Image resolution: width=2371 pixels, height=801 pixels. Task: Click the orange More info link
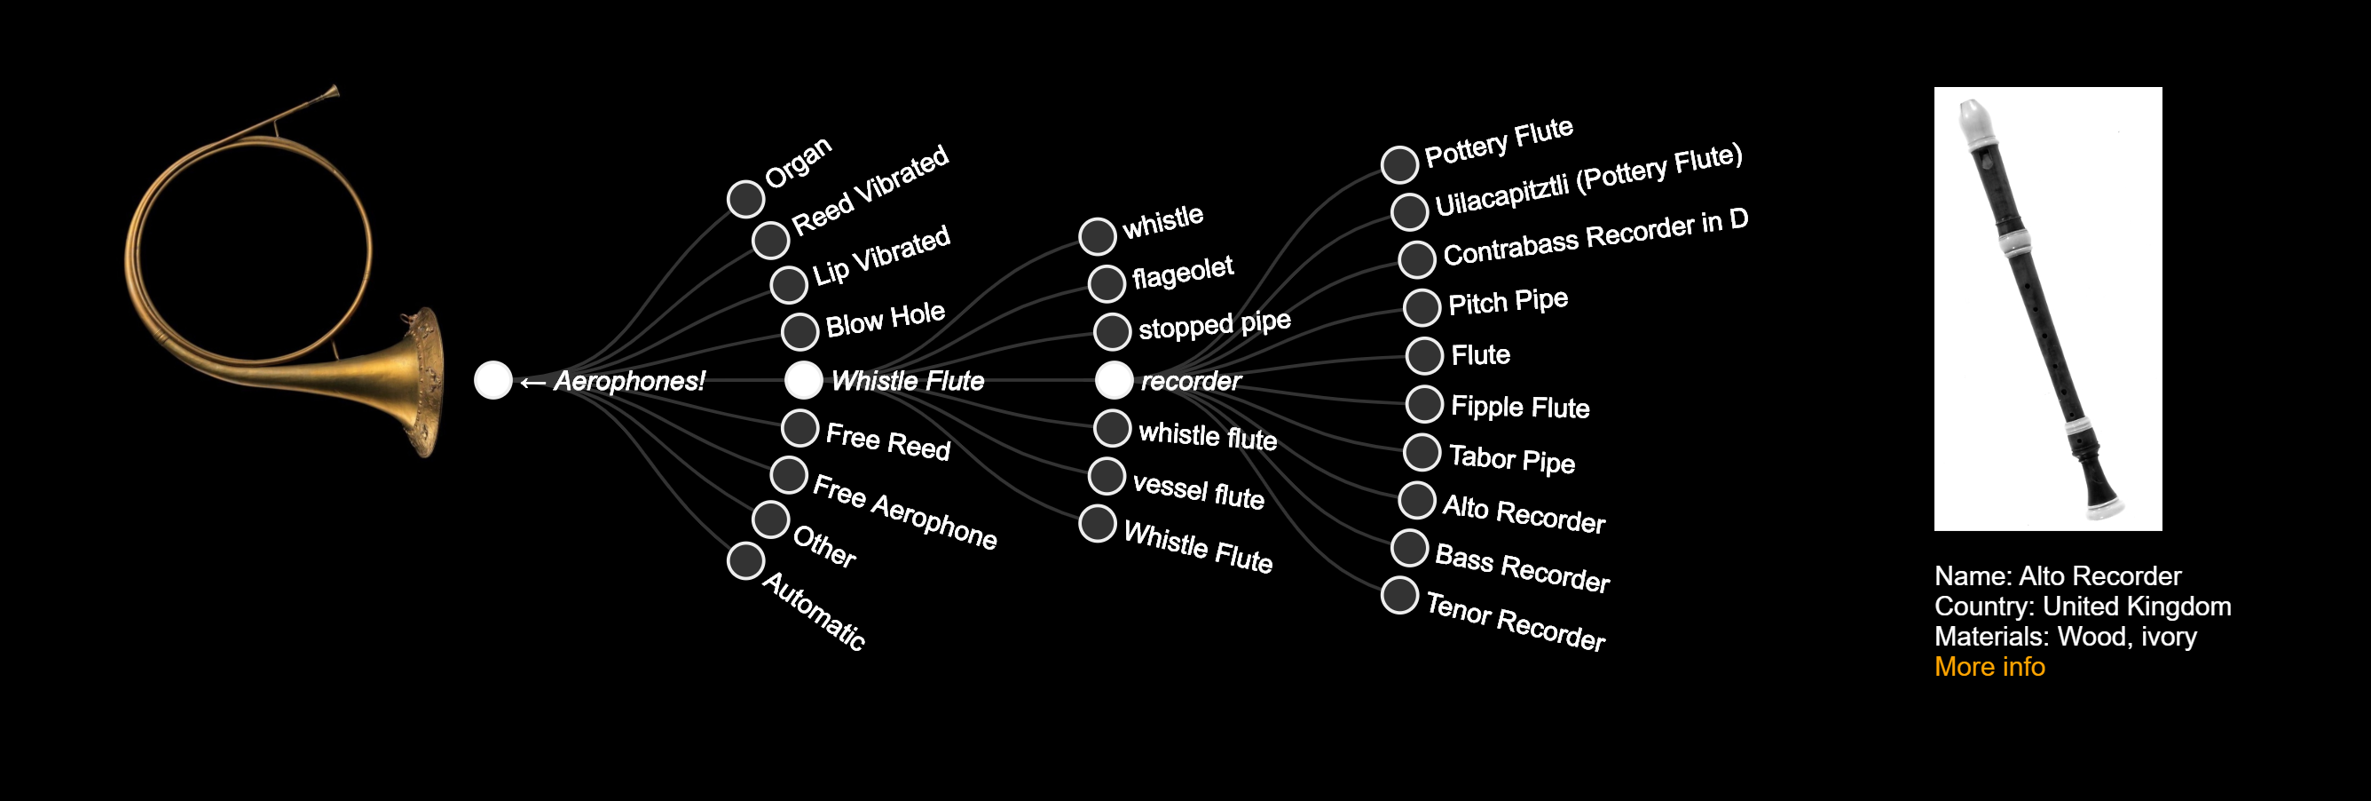tap(1989, 667)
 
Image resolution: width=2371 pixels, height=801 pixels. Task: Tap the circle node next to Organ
tap(745, 198)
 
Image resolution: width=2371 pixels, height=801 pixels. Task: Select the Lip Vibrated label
tap(881, 254)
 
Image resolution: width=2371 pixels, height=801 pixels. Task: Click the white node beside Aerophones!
tap(493, 379)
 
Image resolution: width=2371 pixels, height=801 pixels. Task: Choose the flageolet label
tap(1183, 272)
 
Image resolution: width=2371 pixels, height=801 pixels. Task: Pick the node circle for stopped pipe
tap(1112, 331)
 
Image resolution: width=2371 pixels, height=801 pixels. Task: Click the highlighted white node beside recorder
tap(1114, 379)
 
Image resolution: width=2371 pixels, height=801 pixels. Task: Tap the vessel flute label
tap(1199, 491)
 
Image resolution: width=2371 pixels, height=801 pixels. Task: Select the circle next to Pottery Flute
tap(1399, 164)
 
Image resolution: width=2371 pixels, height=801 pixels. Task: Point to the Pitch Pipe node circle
tap(1422, 306)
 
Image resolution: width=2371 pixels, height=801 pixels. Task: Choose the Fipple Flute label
tap(1520, 407)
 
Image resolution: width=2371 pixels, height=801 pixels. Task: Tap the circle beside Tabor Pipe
tap(1422, 451)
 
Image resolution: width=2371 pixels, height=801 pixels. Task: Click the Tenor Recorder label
tap(1516, 622)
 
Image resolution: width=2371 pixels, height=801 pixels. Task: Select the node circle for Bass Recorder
tap(1409, 548)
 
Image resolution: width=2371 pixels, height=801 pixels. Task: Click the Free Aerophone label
tap(905, 512)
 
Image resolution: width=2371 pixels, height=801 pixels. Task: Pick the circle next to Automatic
tap(745, 560)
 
